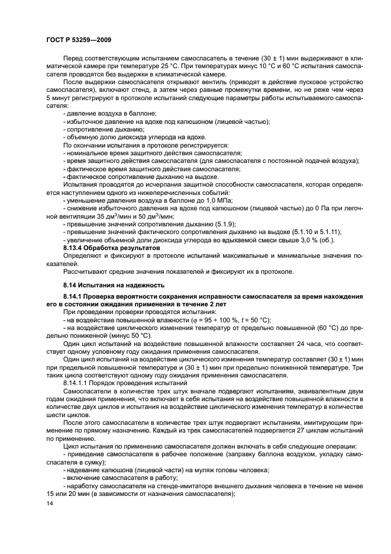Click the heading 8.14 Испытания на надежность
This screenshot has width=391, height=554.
coord(105,285)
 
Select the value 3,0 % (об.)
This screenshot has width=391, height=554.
coord(318,239)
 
